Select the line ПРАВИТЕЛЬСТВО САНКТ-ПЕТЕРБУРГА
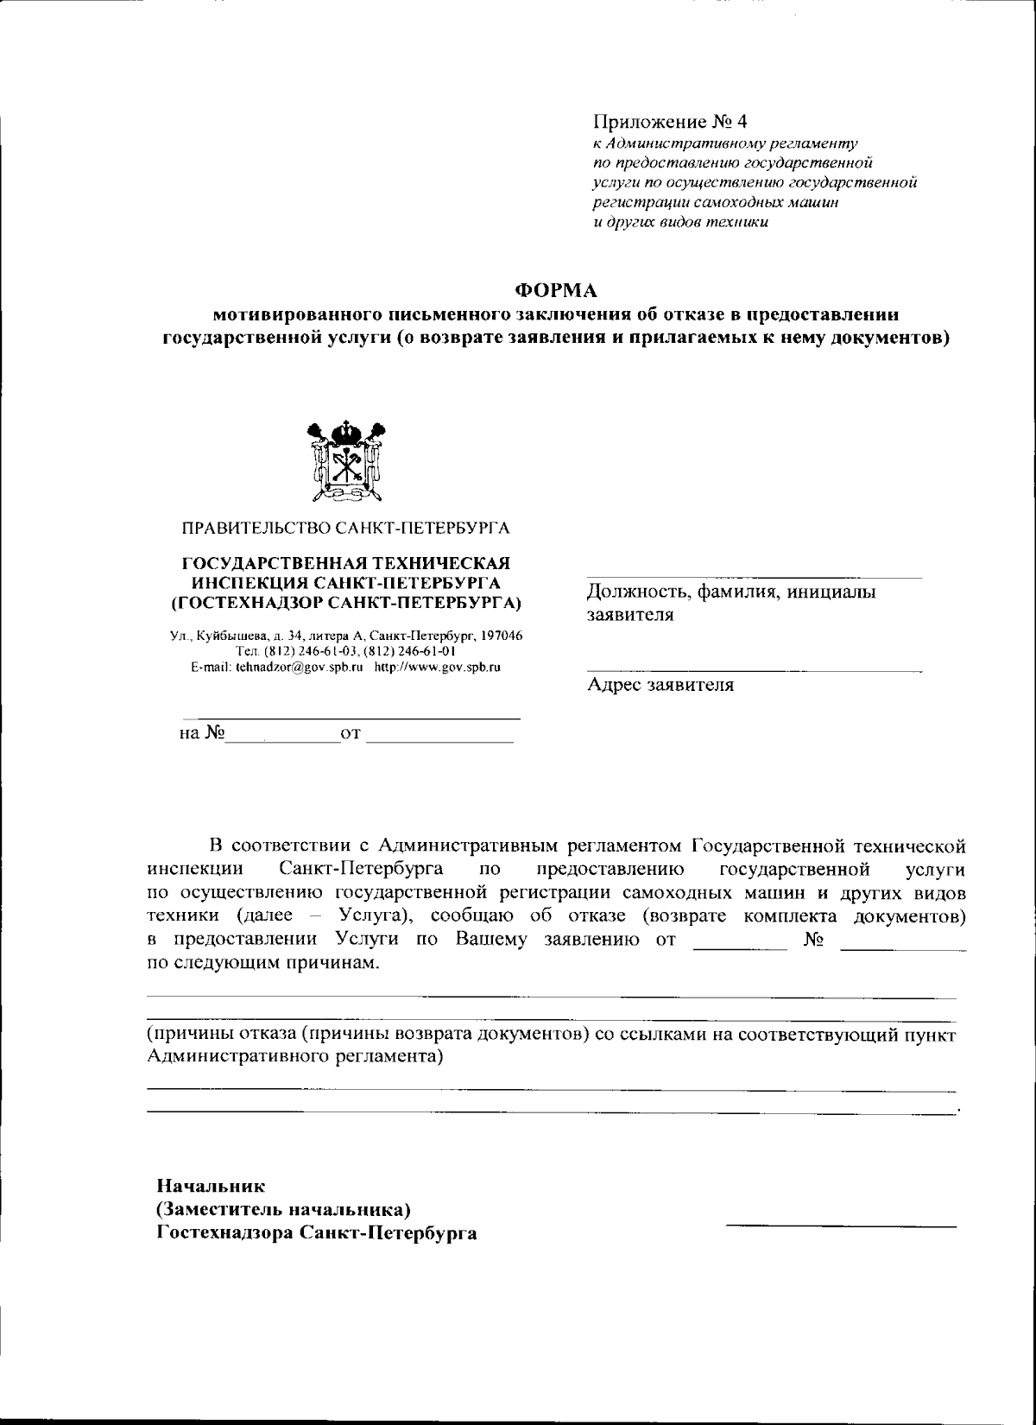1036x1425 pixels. click(x=345, y=527)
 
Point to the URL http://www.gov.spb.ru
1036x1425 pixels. click(x=438, y=668)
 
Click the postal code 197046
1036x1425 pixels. click(x=499, y=636)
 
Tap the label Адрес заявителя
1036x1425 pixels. click(x=660, y=686)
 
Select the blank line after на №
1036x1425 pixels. click(x=282, y=740)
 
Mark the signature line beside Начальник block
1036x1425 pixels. click(x=841, y=1225)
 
